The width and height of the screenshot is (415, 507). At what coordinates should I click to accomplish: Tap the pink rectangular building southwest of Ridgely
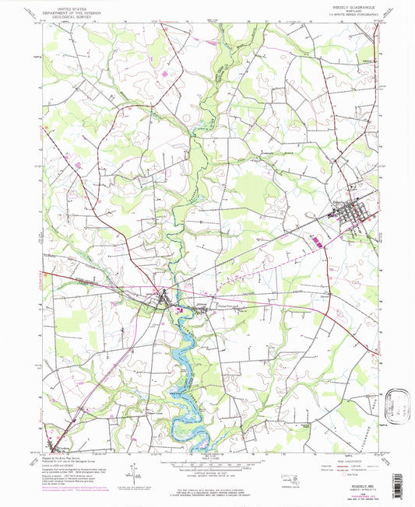pos(318,242)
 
